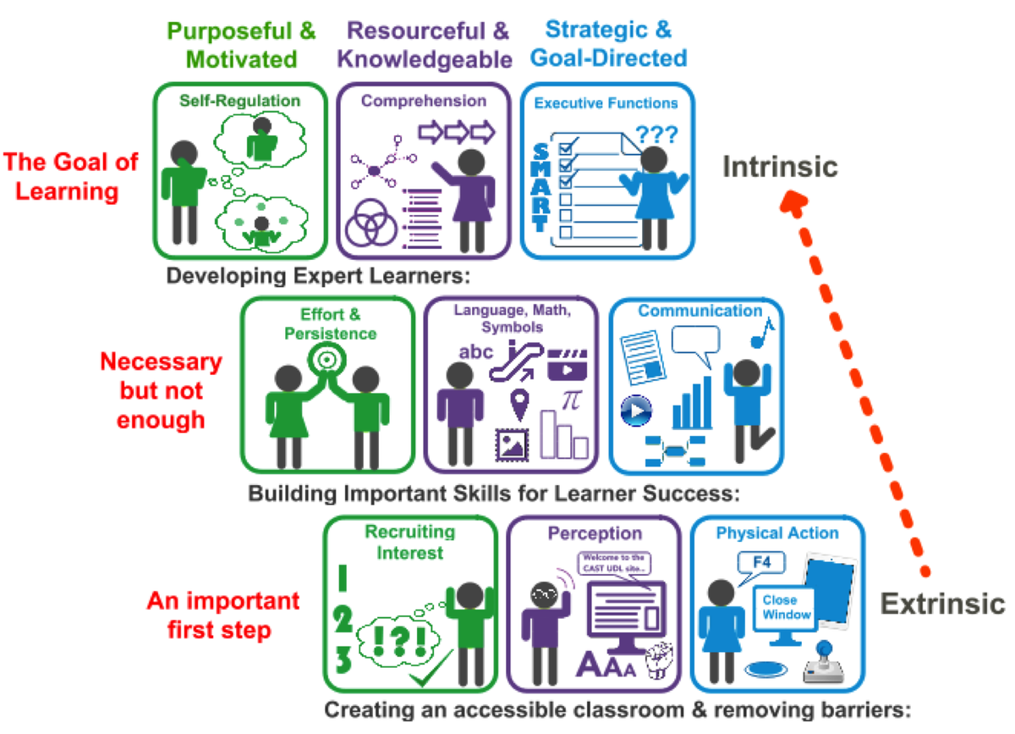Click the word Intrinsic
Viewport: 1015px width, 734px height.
(x=779, y=167)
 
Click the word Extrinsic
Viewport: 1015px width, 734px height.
(x=942, y=604)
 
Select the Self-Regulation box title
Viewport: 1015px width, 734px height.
(x=239, y=101)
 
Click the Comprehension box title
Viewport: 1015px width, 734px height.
(x=424, y=101)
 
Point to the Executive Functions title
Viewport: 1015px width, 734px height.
(x=606, y=103)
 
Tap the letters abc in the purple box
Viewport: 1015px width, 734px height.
(x=475, y=352)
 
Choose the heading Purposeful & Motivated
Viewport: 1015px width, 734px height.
(x=241, y=45)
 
